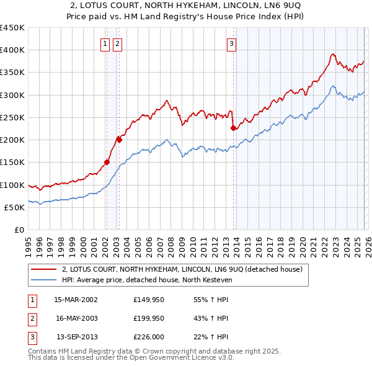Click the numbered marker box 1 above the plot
click(105, 43)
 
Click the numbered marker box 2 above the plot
click(118, 43)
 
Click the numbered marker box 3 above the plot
click(231, 43)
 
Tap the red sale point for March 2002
click(107, 163)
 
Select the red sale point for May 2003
click(120, 140)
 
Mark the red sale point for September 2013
click(233, 128)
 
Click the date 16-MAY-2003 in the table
click(76, 318)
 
